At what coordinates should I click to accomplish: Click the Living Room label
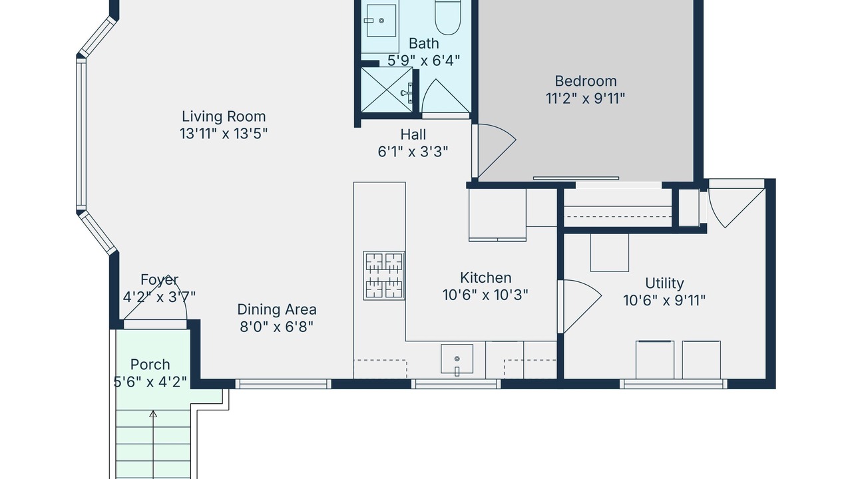[x=224, y=116]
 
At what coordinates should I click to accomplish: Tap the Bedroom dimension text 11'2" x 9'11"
[x=585, y=98]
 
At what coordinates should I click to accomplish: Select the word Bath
[x=424, y=43]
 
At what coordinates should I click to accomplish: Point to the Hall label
[x=413, y=134]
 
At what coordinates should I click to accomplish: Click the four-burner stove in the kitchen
[x=384, y=275]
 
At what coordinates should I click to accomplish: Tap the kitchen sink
[x=457, y=359]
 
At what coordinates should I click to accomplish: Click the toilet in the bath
[x=448, y=17]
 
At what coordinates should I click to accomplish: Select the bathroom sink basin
[x=381, y=20]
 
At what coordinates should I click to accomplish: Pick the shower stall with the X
[x=387, y=90]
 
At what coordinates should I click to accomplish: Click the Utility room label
[x=664, y=283]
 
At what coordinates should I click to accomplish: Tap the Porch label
[x=150, y=365]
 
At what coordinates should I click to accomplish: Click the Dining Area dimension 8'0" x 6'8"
[x=276, y=327]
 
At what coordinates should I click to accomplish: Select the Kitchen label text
[x=486, y=277]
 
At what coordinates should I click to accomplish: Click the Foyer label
[x=159, y=280]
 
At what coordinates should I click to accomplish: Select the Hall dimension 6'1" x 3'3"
[x=413, y=152]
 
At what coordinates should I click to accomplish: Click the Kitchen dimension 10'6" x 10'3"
[x=486, y=295]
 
